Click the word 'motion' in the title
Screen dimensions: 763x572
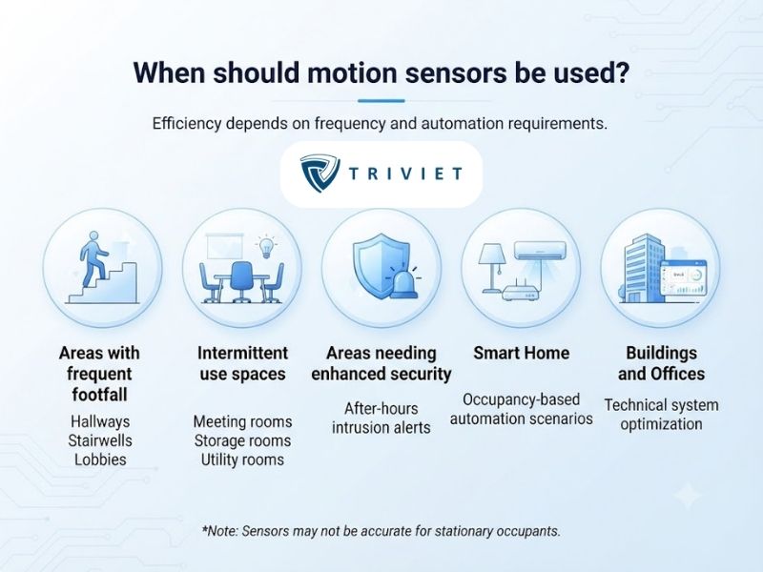coord(352,73)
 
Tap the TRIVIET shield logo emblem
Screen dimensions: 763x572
coord(320,174)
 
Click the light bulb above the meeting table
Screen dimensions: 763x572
coord(266,246)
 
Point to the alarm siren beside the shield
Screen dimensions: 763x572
coord(404,284)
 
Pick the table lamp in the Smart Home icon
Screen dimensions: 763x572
coord(492,268)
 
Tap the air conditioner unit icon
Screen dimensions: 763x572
coord(540,250)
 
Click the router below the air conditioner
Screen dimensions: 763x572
coord(521,293)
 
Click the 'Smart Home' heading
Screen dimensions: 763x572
coord(521,353)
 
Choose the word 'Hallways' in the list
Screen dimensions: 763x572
coord(100,421)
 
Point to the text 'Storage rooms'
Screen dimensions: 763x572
coord(242,440)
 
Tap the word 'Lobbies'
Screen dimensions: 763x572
coord(100,460)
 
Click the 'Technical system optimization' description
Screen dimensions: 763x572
coord(661,415)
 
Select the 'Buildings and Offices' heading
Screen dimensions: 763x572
coord(661,363)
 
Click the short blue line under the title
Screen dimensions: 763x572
coord(381,101)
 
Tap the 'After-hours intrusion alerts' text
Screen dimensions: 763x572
coord(381,418)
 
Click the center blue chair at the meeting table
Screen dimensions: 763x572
coord(241,281)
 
